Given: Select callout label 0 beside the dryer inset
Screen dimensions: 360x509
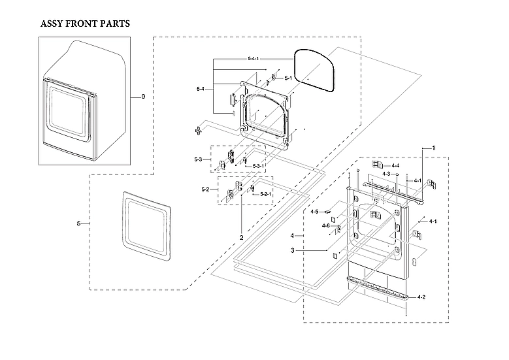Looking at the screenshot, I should (143, 97).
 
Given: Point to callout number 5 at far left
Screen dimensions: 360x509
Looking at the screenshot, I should (78, 223).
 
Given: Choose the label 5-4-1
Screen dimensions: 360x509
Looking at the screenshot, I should (254, 59).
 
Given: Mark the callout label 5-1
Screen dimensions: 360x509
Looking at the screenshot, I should (287, 78).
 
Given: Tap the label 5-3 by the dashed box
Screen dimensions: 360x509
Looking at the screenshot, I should (198, 159).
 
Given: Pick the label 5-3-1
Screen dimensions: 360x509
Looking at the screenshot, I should (259, 167).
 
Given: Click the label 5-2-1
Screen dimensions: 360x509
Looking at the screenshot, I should (266, 194).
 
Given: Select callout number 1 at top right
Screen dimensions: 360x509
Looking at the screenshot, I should (433, 148).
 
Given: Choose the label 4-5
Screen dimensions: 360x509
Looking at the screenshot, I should (315, 212).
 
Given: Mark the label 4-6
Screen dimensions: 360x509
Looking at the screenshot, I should (325, 225).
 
